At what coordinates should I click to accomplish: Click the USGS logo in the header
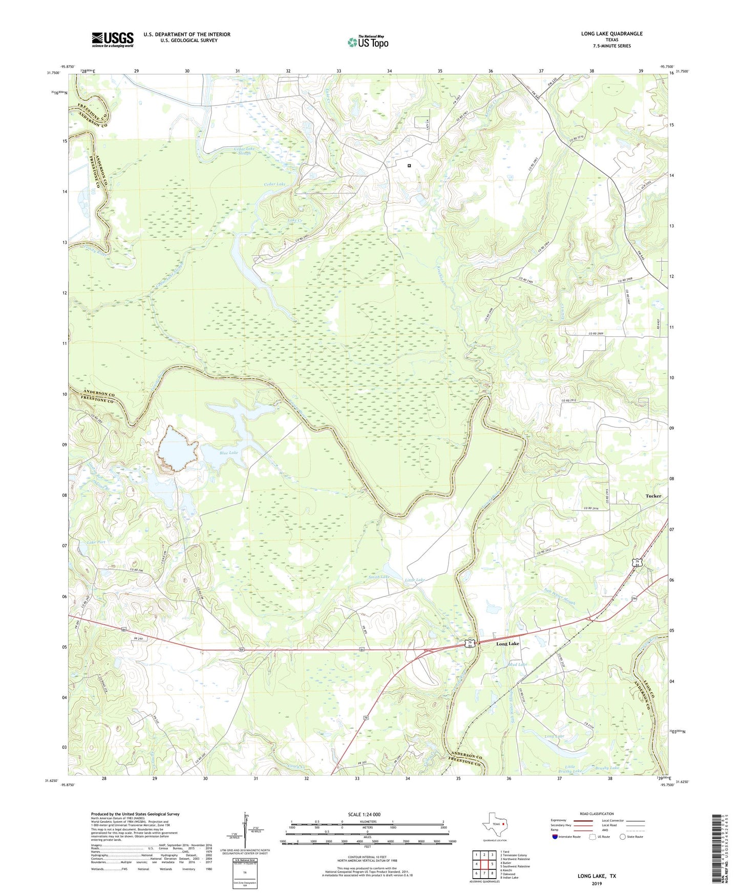pos(113,39)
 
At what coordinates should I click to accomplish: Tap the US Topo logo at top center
pos(368,41)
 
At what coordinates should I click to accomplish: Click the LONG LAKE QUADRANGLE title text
pos(611,34)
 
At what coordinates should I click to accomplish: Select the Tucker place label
pos(653,496)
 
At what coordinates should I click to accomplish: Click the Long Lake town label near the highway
pos(508,644)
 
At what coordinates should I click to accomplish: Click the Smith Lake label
pos(379,577)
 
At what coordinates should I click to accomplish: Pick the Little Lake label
pos(415,580)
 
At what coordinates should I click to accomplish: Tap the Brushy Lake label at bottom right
pos(607,768)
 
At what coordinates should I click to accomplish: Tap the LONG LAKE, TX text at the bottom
pos(597,876)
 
